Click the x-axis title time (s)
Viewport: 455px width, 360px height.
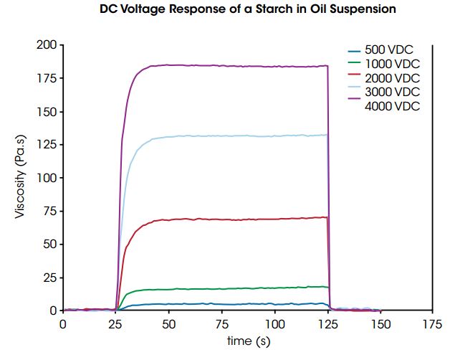coord(247,341)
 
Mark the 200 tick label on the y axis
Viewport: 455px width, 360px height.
coord(46,44)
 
